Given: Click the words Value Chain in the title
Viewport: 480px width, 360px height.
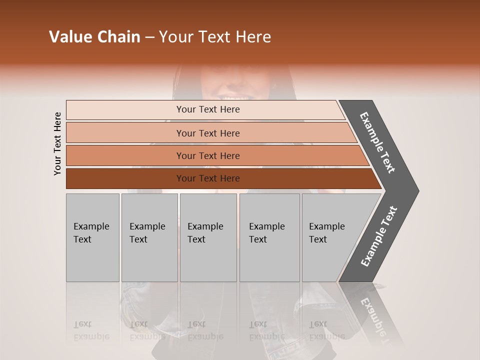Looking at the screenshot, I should coord(94,37).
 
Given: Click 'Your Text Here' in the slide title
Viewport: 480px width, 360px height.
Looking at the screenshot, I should coord(215,37).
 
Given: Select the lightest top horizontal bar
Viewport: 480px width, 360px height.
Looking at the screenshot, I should coord(125,110).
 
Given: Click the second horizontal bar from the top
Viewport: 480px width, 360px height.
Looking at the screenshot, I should coord(125,133).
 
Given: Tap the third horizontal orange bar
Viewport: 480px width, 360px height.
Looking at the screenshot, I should coord(125,155).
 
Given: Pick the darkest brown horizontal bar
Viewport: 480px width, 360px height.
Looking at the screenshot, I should coord(125,178).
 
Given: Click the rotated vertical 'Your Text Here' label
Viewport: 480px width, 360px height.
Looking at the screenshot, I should coord(57,143).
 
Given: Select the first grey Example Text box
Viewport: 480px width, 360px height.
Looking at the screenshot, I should coord(92,237).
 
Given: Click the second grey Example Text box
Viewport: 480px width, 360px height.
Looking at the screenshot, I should coord(149,237).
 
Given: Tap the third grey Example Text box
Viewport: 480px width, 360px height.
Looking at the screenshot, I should coord(208,237).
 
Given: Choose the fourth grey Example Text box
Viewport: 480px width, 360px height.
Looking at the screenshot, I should coord(269,237).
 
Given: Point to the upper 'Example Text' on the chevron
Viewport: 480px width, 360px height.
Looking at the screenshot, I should coord(377,142).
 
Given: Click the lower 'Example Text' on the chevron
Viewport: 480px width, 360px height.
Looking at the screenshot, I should coord(379,236).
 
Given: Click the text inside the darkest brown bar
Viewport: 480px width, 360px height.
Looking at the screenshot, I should coord(208,178).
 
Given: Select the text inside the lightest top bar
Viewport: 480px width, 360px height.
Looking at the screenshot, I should coord(208,109).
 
